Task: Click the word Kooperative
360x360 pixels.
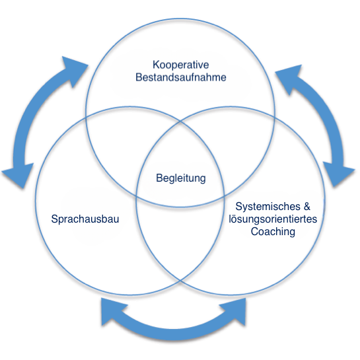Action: tap(181, 65)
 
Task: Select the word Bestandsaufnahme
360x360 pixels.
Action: tap(181, 77)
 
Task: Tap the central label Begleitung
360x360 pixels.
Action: tap(181, 178)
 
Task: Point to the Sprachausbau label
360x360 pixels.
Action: tap(85, 219)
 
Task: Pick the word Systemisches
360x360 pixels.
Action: tap(268, 206)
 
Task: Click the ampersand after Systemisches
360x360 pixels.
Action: tap(307, 206)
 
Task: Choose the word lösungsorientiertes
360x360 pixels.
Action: tap(273, 219)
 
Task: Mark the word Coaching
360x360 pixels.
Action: tap(273, 231)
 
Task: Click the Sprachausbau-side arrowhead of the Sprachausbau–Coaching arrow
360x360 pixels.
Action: tap(112, 311)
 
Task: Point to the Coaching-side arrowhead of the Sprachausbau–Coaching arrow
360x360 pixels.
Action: tap(235, 311)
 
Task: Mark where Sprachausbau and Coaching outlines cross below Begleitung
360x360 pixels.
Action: tap(180, 281)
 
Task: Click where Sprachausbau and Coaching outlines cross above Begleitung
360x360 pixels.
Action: tap(180, 122)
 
